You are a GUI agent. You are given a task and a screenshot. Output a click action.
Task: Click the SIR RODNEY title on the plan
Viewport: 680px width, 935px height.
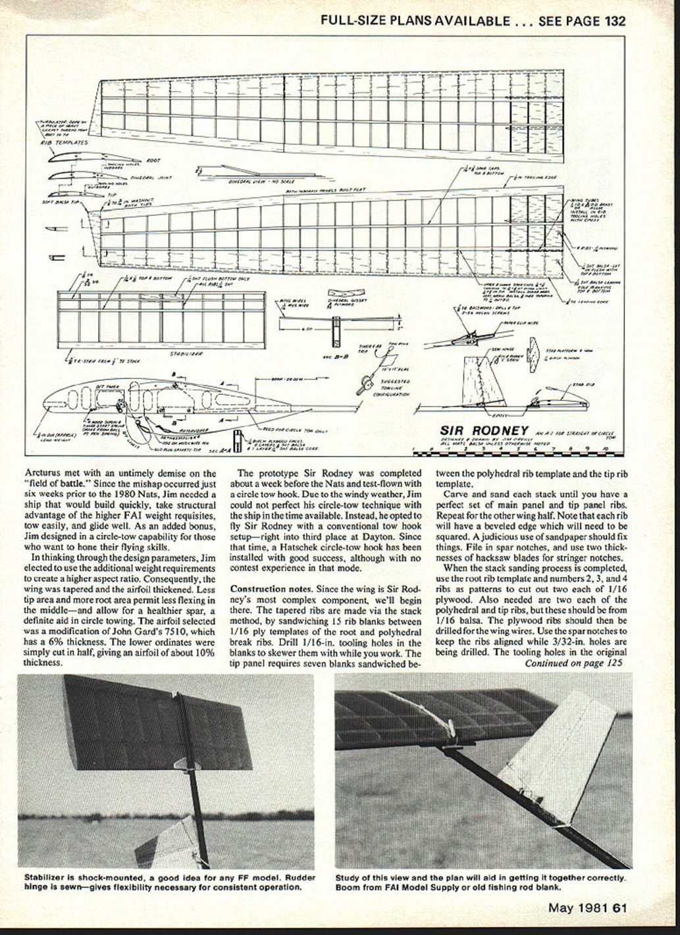point(484,431)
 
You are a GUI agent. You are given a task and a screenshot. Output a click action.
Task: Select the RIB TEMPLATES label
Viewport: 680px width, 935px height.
point(64,142)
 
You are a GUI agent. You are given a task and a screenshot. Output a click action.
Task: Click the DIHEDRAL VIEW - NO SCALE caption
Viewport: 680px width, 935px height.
point(254,182)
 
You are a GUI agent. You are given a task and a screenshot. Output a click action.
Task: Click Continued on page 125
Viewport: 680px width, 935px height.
point(573,663)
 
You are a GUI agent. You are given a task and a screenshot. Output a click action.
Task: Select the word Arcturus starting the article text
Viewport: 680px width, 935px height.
point(42,473)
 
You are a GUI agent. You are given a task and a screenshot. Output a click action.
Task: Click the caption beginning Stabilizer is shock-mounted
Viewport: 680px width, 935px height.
point(170,882)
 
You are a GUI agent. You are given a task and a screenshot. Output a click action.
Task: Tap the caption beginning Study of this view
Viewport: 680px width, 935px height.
point(481,882)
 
